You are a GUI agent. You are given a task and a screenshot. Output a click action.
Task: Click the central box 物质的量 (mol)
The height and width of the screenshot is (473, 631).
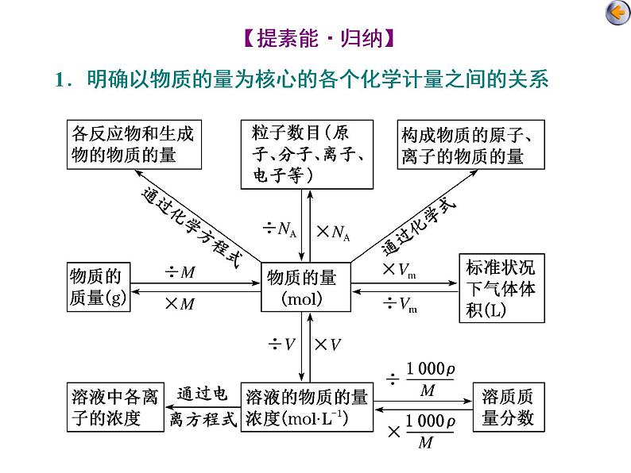[x=302, y=287]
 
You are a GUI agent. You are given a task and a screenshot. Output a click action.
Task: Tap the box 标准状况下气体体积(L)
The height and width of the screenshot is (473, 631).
[x=501, y=287]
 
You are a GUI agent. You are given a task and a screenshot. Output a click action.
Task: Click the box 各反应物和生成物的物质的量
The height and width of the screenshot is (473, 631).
[x=133, y=144]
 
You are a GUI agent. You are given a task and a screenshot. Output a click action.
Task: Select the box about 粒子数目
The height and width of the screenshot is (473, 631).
[x=308, y=153]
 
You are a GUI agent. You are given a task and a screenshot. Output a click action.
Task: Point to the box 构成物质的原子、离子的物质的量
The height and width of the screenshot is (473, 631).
[x=472, y=144]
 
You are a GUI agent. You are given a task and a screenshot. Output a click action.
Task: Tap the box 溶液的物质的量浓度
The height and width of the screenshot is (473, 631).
[x=307, y=407]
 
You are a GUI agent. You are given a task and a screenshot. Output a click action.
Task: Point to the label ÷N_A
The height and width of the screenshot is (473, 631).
[x=280, y=230]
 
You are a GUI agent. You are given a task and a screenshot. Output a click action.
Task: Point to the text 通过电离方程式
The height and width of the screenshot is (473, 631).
[x=203, y=407]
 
